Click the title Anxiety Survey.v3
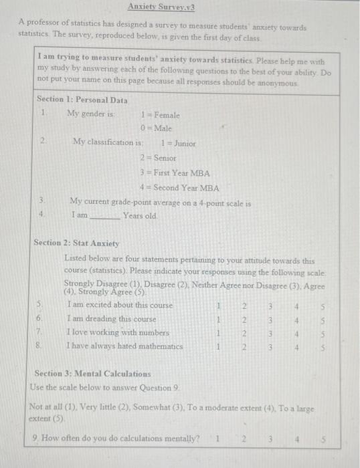click(x=161, y=7)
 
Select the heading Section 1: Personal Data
click(x=82, y=100)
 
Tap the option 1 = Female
click(x=161, y=115)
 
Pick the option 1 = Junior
click(x=179, y=143)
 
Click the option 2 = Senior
click(x=158, y=158)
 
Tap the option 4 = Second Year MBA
click(x=179, y=188)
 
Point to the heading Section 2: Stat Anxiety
click(x=76, y=243)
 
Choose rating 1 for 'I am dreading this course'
click(x=219, y=320)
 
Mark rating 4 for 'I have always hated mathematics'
click(x=296, y=347)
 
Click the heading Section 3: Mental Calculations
click(x=92, y=374)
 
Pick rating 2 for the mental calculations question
click(x=245, y=439)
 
